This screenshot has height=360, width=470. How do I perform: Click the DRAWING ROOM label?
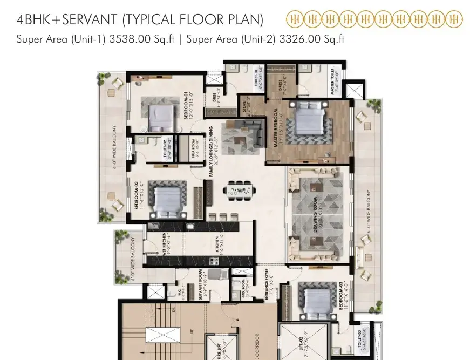[x=316, y=215]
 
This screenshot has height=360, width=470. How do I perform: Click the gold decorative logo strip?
[x=374, y=21]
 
